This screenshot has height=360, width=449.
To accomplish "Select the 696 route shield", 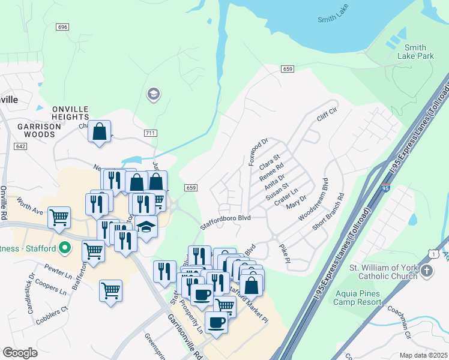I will (x=62, y=28).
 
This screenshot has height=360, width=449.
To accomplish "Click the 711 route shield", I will (x=150, y=132).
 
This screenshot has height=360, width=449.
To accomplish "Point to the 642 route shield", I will (x=21, y=146).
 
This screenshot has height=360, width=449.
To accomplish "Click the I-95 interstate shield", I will (x=384, y=188).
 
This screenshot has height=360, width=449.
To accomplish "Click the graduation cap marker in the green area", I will (x=153, y=94).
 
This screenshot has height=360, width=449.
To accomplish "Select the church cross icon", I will (x=426, y=271).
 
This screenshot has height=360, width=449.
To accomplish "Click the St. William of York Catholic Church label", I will (x=383, y=271).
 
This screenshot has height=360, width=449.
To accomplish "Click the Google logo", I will (x=20, y=353).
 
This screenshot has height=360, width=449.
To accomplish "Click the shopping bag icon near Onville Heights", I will (x=100, y=131).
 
